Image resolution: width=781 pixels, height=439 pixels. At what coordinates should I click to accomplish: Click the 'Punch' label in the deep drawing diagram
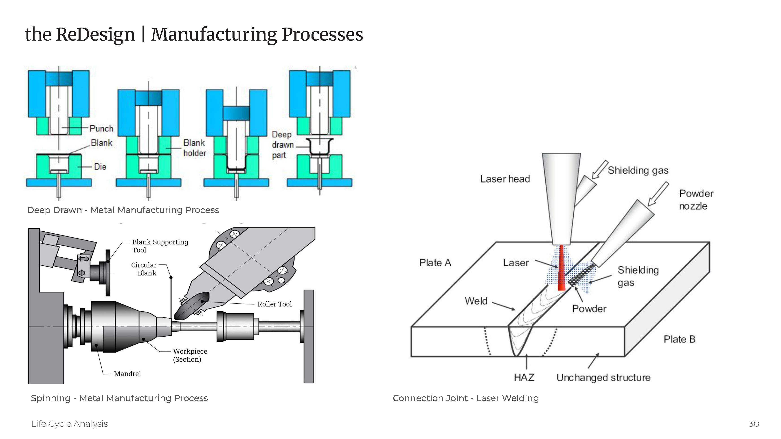(x=101, y=128)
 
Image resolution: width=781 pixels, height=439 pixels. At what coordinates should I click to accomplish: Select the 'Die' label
(x=100, y=167)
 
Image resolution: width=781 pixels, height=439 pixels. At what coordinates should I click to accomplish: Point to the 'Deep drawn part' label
(x=282, y=145)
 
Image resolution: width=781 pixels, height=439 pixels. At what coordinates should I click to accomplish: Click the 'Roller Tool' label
(x=274, y=304)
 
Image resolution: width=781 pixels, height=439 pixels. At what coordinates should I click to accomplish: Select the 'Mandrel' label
(x=127, y=374)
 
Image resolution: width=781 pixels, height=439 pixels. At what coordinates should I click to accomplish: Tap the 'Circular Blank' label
(x=144, y=269)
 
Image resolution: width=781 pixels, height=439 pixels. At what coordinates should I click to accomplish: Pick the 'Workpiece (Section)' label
(x=190, y=355)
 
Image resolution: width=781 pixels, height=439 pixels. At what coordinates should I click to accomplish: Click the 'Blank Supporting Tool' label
(x=160, y=246)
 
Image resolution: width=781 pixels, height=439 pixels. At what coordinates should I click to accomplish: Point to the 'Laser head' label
(x=505, y=179)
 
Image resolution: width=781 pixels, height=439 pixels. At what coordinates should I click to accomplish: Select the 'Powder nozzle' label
(x=696, y=200)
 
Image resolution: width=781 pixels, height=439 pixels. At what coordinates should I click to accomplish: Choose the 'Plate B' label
(x=679, y=339)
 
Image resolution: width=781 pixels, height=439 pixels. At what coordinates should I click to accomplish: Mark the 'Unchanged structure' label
(x=603, y=378)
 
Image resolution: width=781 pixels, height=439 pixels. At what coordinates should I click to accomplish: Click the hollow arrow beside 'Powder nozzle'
(x=658, y=194)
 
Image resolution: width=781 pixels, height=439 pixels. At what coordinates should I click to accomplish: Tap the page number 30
(x=753, y=424)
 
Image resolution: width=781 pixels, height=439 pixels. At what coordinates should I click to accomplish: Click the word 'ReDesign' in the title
(x=95, y=34)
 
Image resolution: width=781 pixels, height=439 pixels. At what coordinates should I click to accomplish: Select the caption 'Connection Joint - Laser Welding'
(x=465, y=398)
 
